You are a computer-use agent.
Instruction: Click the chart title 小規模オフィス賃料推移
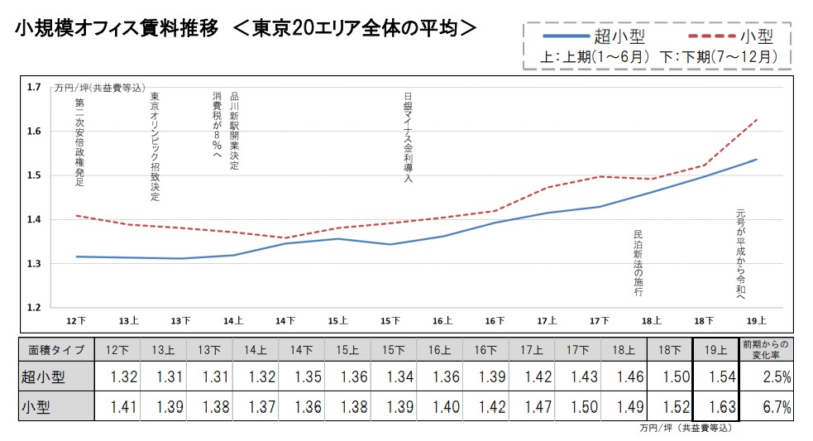tap(117, 28)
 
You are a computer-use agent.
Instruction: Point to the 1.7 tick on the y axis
tap(34, 87)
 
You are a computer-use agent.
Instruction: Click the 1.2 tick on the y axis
tap(34, 308)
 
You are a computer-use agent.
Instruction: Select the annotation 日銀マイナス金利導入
tap(407, 136)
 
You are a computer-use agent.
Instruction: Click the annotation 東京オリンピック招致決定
tap(155, 146)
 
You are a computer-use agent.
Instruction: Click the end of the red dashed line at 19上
tap(757, 121)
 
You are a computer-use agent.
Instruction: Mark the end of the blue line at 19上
tap(757, 160)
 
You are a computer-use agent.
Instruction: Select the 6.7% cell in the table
tap(766, 406)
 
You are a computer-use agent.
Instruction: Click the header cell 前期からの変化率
tap(766, 349)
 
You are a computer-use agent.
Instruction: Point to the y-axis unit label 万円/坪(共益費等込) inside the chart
tap(99, 88)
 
